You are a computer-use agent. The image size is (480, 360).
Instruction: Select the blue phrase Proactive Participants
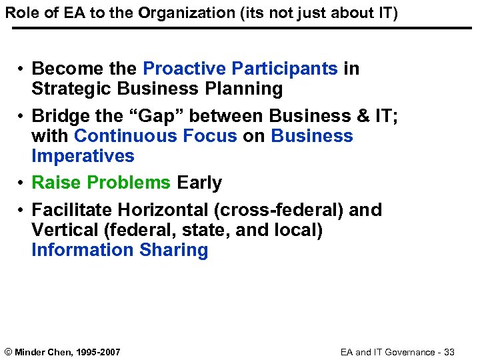241,69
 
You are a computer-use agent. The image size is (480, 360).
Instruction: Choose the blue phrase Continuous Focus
155,136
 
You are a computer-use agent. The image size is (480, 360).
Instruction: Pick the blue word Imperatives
83,156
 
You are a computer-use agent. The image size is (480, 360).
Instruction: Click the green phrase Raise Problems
101,183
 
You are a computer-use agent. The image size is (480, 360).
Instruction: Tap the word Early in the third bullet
199,183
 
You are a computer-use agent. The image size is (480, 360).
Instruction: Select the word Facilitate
73,210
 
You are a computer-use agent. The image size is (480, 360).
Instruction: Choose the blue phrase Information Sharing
120,250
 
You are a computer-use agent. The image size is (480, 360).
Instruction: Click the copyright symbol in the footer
8,351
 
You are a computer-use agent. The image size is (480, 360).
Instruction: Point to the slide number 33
449,351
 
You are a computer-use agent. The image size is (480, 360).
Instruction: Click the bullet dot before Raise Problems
22,183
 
